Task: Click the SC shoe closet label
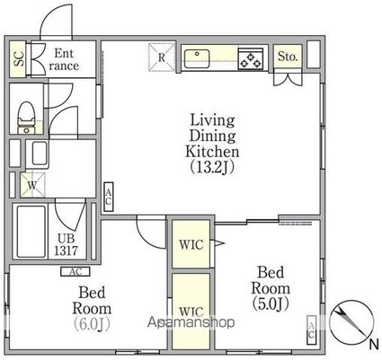(19, 59)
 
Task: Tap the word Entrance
(64, 59)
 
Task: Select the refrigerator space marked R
(162, 57)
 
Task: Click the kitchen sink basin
(197, 58)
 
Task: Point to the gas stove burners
(251, 59)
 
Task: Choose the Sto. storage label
(288, 57)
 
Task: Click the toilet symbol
(26, 118)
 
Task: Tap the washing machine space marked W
(32, 185)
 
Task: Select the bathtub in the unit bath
(31, 232)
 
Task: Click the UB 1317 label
(67, 245)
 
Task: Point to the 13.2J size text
(212, 167)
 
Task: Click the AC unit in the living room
(109, 197)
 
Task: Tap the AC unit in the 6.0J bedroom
(76, 272)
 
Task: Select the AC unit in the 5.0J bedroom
(312, 329)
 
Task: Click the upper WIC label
(191, 245)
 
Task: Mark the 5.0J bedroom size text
(271, 303)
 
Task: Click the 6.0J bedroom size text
(92, 323)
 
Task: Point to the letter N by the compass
(374, 345)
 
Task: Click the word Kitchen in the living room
(212, 152)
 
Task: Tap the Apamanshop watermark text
(191, 322)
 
